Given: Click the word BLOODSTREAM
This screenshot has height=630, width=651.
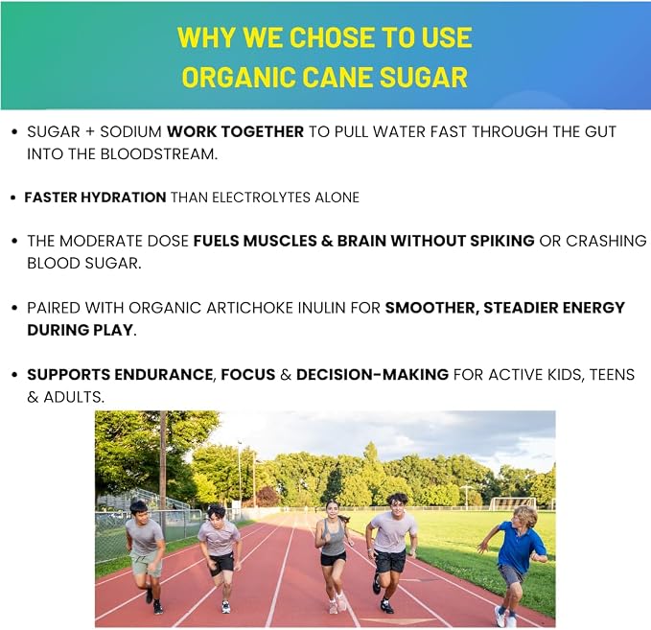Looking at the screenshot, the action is (x=159, y=154).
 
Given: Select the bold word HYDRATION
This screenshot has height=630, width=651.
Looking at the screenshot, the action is (x=124, y=198).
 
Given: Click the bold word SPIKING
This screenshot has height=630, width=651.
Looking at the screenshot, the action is (x=502, y=241).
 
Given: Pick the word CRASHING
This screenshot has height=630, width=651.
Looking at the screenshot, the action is (x=606, y=241).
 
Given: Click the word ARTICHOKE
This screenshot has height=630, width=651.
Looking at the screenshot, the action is (x=248, y=308).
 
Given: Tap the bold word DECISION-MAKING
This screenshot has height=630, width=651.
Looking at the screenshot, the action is (x=372, y=375).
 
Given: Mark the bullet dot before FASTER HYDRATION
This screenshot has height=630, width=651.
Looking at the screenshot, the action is (x=13, y=198).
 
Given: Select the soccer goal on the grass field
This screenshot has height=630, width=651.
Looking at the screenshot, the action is (x=512, y=502).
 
